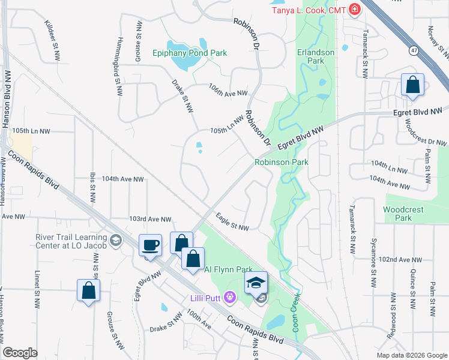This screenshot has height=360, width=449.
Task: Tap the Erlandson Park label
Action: [x=315, y=56]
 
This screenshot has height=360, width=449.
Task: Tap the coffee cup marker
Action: [x=149, y=245]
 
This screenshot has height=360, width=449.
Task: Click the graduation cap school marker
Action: [x=256, y=283]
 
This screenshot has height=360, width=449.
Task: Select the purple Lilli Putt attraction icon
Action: [x=228, y=296]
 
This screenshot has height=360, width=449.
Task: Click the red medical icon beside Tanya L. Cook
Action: [x=355, y=9]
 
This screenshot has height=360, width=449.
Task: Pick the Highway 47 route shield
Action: [x=415, y=52]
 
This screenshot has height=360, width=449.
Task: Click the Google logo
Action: [x=20, y=353]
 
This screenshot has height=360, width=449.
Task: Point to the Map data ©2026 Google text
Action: [x=411, y=355]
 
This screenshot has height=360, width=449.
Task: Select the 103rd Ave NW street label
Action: [x=150, y=220]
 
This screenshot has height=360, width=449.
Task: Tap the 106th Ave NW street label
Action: [x=228, y=93]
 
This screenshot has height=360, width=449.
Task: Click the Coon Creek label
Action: [x=295, y=311]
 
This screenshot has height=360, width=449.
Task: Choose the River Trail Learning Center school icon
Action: [x=116, y=241]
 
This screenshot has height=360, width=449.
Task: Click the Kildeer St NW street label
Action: [x=53, y=40]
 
